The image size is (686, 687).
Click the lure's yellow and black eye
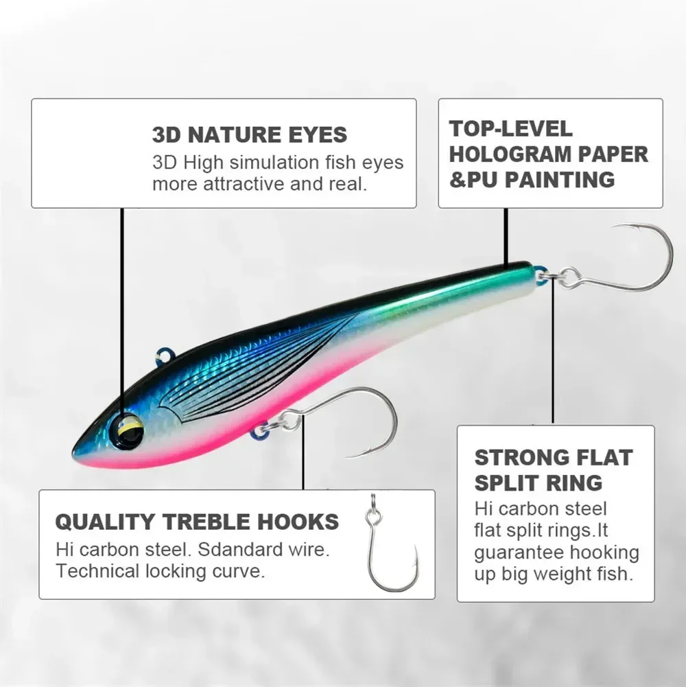129,430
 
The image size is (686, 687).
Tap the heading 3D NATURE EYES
250,135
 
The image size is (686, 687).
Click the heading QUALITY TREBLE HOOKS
197,522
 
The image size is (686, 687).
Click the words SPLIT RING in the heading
539,482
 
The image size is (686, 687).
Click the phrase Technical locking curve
160,571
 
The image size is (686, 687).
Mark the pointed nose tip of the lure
75,453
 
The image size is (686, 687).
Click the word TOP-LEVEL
511,128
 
